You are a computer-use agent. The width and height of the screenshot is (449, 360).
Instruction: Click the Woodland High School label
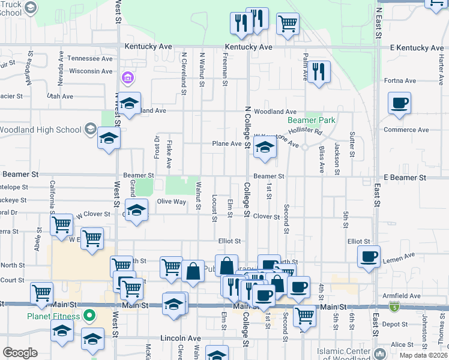tap(40, 130)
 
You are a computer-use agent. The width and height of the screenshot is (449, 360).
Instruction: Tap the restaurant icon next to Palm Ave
tap(319, 73)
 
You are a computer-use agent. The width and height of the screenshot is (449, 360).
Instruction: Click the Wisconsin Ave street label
tap(90, 71)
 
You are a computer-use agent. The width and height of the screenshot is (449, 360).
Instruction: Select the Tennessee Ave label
tap(89, 59)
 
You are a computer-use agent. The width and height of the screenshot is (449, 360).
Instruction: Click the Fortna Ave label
tap(400, 81)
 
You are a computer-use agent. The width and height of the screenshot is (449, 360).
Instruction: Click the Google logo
tap(20, 352)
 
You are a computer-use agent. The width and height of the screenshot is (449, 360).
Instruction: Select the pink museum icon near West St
tap(127, 77)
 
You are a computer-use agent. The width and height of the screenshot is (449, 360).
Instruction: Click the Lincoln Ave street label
tap(180, 338)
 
